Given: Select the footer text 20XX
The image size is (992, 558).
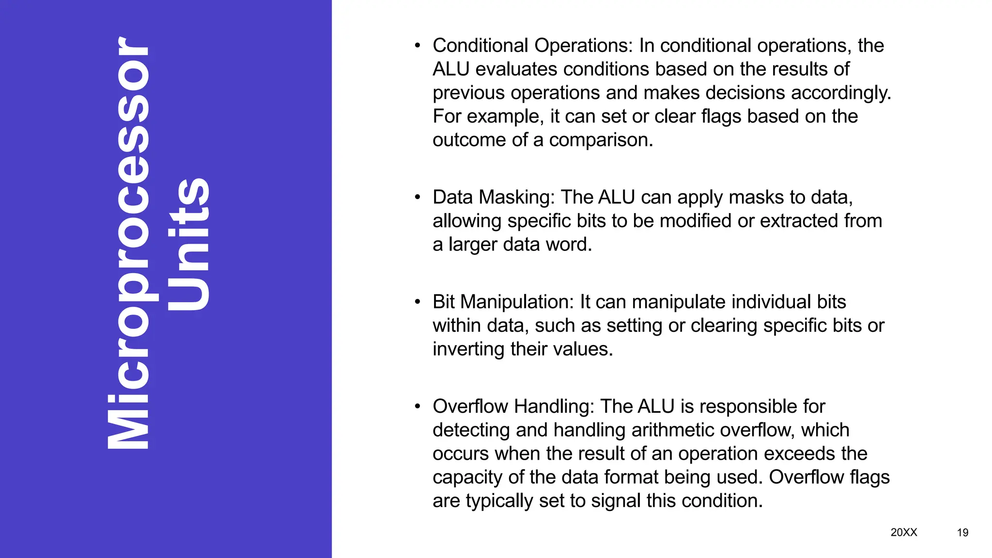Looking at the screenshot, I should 903,532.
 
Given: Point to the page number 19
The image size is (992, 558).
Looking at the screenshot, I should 962,533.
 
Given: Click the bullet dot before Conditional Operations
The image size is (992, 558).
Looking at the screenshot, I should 418,46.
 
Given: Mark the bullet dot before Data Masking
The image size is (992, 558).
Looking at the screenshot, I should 418,198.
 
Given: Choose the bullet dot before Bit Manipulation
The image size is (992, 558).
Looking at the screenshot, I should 418,302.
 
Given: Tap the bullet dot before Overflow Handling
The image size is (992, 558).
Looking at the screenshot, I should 418,407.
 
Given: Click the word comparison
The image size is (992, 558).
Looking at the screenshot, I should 601,140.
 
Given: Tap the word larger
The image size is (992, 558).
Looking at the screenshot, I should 472,245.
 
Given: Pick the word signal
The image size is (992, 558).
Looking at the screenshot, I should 616,501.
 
